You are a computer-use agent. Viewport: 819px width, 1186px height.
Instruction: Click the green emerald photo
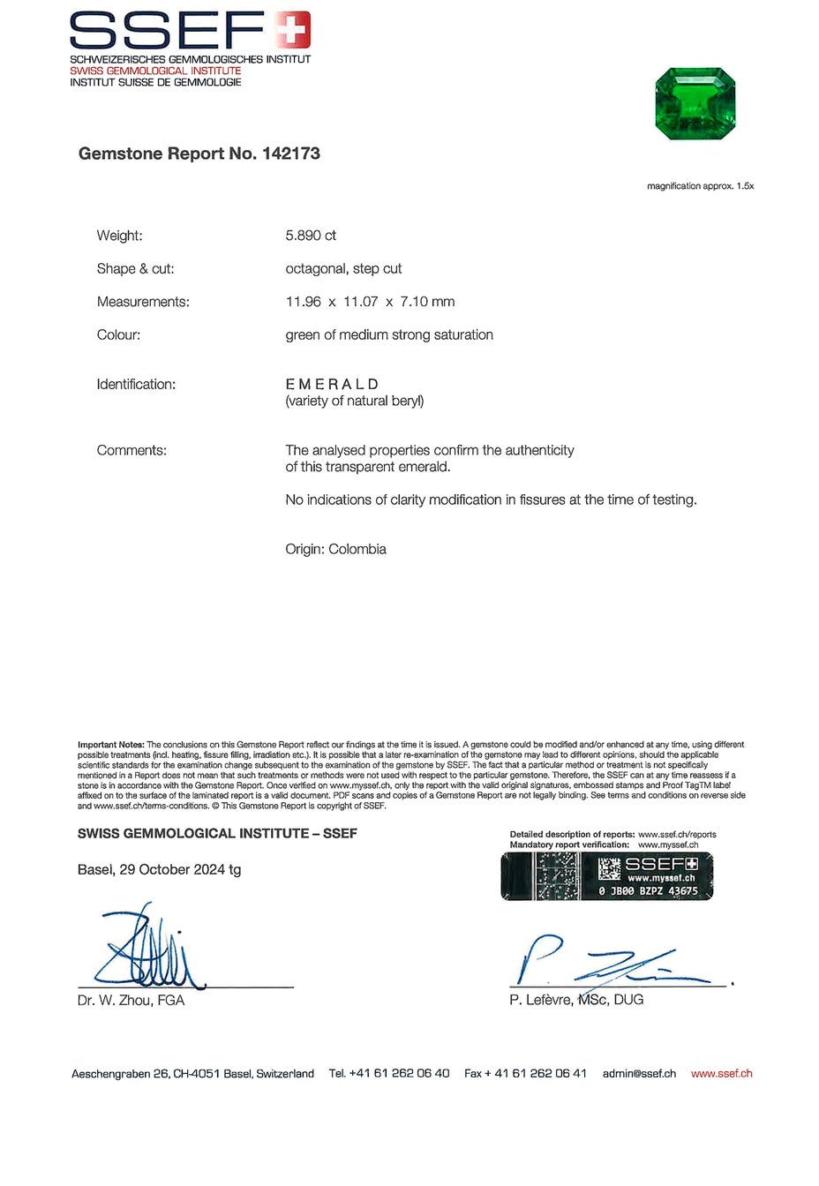(x=695, y=104)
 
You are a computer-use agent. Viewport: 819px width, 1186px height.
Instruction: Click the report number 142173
(x=290, y=154)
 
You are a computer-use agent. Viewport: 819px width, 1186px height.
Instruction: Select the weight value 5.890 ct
(x=311, y=236)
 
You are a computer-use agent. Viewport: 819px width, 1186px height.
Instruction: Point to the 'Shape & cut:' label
(x=135, y=268)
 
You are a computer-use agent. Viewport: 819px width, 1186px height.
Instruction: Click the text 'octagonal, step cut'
(x=343, y=268)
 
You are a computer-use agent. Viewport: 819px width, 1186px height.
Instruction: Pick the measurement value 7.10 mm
(x=427, y=302)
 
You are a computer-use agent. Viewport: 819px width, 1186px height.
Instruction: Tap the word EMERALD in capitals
(x=332, y=384)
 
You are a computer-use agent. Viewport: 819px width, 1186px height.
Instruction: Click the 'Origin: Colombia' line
(x=335, y=549)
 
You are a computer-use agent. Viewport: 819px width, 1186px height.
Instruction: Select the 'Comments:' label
(x=131, y=450)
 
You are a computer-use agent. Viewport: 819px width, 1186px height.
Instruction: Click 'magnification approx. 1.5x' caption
(x=700, y=186)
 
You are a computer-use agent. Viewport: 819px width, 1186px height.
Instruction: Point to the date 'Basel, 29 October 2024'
(x=151, y=869)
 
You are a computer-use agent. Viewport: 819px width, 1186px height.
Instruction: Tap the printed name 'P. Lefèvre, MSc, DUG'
(x=576, y=1000)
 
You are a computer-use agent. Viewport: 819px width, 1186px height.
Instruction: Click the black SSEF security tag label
(x=606, y=876)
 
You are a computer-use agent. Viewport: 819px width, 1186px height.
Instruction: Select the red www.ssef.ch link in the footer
(x=721, y=1074)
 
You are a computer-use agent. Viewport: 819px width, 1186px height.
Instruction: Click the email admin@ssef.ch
(x=639, y=1074)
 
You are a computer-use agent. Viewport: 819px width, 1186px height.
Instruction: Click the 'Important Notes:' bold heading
(x=110, y=745)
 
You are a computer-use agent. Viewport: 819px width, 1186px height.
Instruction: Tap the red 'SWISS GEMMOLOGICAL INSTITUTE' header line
(x=155, y=71)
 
